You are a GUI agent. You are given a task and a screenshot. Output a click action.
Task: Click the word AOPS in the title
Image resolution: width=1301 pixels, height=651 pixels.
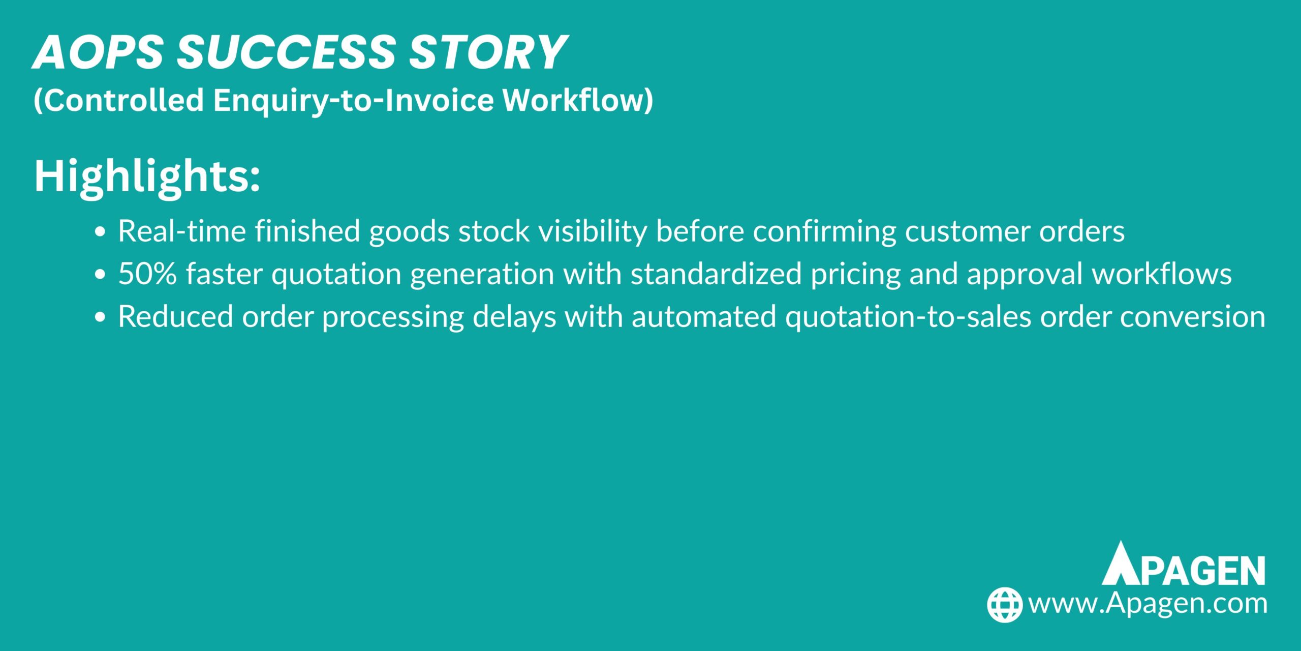(x=98, y=52)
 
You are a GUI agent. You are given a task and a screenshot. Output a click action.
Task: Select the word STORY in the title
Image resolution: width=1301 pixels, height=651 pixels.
(x=487, y=52)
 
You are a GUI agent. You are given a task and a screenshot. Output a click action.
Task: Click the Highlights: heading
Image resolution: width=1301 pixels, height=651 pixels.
(x=147, y=176)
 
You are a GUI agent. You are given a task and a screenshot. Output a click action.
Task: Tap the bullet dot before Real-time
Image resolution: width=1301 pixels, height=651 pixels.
(x=100, y=232)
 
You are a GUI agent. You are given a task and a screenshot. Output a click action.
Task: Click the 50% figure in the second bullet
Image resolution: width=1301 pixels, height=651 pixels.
(x=147, y=274)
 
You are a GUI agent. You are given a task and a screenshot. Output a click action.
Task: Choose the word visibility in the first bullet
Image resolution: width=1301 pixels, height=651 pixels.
(x=593, y=232)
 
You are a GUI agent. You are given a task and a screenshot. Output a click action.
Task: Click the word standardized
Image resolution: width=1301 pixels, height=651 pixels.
(x=716, y=274)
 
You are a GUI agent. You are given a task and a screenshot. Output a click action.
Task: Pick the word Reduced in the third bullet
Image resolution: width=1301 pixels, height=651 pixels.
(x=175, y=317)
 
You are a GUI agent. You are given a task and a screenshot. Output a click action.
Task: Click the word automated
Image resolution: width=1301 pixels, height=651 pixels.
(x=704, y=317)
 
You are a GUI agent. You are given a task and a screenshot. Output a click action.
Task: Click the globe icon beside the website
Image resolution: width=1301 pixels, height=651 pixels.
(x=1004, y=605)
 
